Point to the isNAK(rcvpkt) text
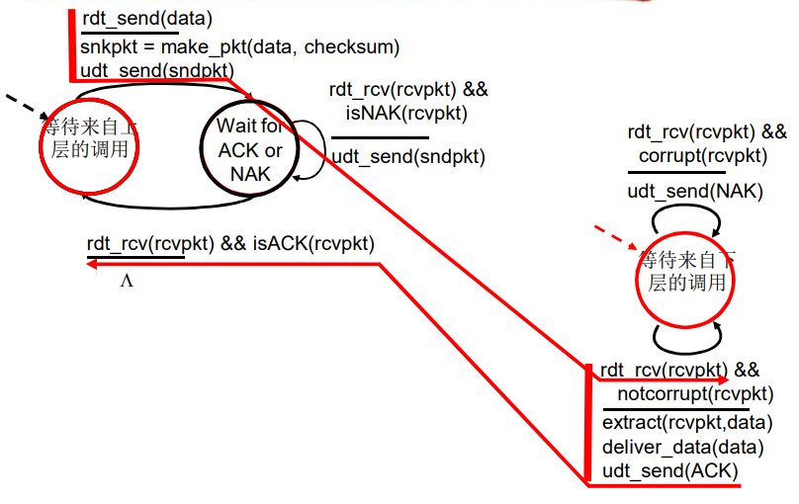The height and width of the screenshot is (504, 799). point(407,114)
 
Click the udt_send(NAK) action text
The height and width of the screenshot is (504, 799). point(696,191)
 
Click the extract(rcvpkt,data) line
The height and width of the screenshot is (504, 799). point(687,422)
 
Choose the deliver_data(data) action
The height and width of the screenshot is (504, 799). point(683,447)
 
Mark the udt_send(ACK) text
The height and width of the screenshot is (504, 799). point(670,471)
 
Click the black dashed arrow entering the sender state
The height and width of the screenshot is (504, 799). point(23,103)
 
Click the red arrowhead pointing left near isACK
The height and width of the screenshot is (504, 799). point(91,264)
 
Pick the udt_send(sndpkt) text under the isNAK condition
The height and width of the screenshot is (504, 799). point(408,155)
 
